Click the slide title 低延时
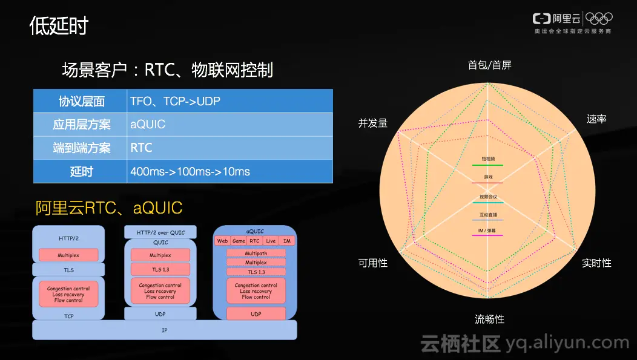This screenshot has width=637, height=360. point(59,26)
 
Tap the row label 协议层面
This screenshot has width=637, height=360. point(81,101)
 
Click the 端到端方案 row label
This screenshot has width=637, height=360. point(81,148)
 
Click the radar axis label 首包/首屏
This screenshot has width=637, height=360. point(489,65)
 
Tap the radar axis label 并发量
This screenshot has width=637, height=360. point(372,123)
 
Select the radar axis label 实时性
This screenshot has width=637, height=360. point(596,263)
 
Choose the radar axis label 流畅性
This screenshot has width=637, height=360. point(489,319)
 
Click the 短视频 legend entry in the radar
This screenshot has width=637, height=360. point(488,159)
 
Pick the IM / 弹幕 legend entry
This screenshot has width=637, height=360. point(487,231)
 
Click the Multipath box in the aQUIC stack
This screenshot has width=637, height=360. point(256,254)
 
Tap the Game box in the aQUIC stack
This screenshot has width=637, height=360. point(239,241)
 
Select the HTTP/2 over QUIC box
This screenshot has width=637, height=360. point(160,232)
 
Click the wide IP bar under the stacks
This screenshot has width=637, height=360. point(164,330)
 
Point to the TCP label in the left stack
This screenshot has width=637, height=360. point(68,316)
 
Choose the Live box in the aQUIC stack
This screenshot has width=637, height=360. point(271,241)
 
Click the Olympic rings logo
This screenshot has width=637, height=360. point(599,19)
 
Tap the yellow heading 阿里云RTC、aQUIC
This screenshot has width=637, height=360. point(109,208)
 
